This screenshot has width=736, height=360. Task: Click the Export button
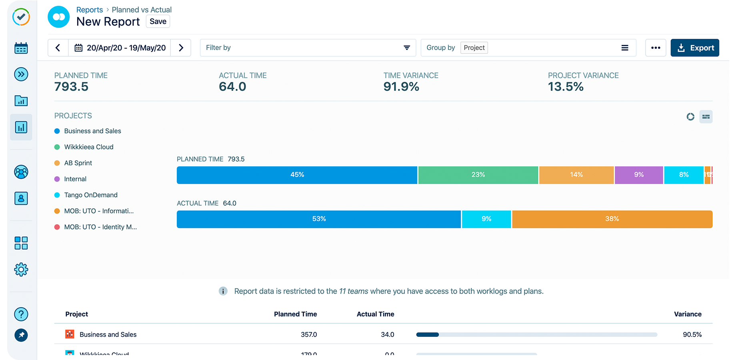[x=695, y=48]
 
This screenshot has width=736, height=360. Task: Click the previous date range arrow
[x=58, y=48]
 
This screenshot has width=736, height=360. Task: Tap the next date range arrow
[x=181, y=48]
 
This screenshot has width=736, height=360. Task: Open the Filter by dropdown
[x=308, y=48]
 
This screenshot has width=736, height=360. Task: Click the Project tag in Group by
[x=474, y=48]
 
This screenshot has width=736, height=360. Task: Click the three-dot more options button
[x=656, y=48]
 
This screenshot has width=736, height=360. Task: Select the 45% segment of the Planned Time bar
[x=297, y=175]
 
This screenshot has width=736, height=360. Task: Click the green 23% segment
[x=478, y=175]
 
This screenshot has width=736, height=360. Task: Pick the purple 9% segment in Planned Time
[x=639, y=175]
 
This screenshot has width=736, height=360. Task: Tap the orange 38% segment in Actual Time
[x=612, y=219]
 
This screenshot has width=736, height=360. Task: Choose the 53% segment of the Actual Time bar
[x=319, y=219]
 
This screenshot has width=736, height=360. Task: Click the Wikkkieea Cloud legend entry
[x=88, y=147]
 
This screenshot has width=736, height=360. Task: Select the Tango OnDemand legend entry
[x=90, y=195]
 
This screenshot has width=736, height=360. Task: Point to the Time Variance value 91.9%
[x=401, y=86]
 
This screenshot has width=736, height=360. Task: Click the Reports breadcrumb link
[x=90, y=10]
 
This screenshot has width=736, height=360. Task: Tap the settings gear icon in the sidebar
[x=21, y=270]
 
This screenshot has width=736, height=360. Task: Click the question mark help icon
[x=21, y=314]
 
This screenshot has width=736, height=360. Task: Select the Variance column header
[x=688, y=314]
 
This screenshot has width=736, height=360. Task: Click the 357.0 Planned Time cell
[x=309, y=334]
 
